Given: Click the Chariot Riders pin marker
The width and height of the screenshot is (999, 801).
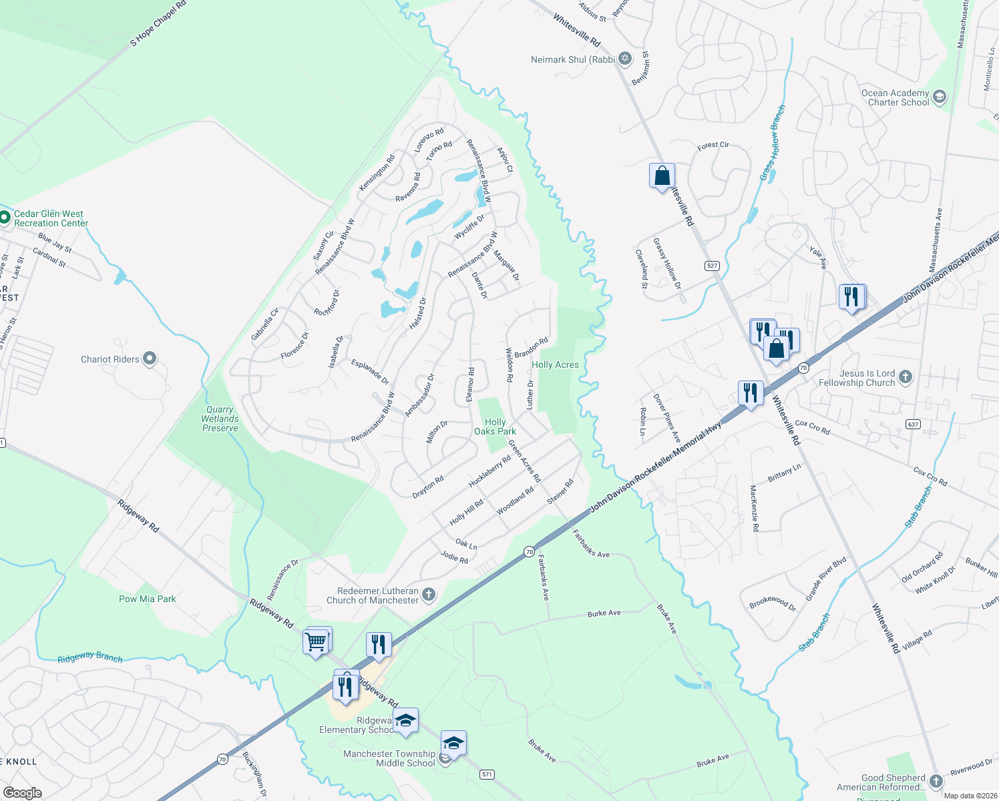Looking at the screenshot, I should tap(150, 359).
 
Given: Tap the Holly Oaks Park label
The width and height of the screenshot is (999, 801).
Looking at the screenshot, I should tap(495, 427).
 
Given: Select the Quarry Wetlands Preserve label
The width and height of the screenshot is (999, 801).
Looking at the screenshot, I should tap(220, 419).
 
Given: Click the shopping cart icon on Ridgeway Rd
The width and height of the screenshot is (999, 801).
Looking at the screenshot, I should tap(316, 642).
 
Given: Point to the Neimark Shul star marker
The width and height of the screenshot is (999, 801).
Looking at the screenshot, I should tap(625, 59).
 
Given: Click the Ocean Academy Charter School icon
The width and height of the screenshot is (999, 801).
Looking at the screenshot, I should tap(940, 97).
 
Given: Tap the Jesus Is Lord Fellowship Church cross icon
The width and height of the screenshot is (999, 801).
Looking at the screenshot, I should tap(905, 378).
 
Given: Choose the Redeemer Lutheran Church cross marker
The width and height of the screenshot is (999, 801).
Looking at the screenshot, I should tap(429, 595).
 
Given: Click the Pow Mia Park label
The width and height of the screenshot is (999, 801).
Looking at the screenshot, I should tap(148, 599).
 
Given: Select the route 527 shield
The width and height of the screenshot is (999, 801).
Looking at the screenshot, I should tap(712, 266).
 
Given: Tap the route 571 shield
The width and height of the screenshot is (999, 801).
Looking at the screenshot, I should tap(487, 774).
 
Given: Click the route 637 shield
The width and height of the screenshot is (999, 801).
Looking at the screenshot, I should tap(913, 424).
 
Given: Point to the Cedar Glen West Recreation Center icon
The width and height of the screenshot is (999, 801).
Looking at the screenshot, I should tap(5, 218).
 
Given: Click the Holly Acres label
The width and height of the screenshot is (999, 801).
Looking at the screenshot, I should tap(555, 364).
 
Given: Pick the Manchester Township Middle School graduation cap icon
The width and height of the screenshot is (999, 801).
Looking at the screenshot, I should tap(453, 743).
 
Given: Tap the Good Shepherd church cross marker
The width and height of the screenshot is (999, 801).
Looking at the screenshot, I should tap(936, 782).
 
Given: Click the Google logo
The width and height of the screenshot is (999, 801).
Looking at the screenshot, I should tap(23, 792).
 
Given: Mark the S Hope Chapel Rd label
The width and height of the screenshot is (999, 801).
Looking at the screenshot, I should tap(158, 23).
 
